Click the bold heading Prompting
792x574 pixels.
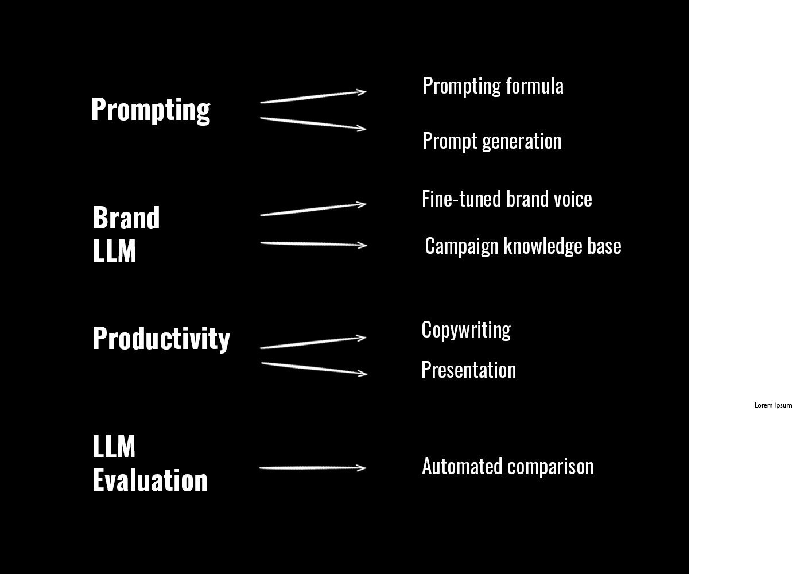click(x=150, y=109)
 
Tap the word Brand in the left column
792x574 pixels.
click(x=126, y=218)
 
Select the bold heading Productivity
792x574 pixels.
click(x=161, y=338)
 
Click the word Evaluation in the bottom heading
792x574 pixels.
click(x=150, y=480)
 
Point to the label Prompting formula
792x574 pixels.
click(x=493, y=86)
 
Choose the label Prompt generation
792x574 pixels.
click(x=492, y=141)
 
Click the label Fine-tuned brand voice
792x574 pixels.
click(x=507, y=199)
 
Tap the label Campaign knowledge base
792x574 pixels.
click(x=523, y=246)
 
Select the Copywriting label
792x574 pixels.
click(x=466, y=330)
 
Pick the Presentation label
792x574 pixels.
click(x=468, y=370)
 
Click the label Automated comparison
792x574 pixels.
click(x=507, y=467)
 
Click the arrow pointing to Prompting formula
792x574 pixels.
click(x=313, y=96)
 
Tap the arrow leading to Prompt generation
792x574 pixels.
click(x=313, y=123)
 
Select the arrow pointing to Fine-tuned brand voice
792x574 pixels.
click(x=313, y=209)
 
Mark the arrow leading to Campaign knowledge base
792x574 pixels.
click(x=313, y=244)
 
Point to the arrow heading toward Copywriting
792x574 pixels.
click(x=313, y=343)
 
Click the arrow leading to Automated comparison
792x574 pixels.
click(x=313, y=468)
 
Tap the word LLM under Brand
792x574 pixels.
click(x=114, y=251)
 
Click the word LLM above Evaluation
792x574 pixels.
click(x=114, y=447)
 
